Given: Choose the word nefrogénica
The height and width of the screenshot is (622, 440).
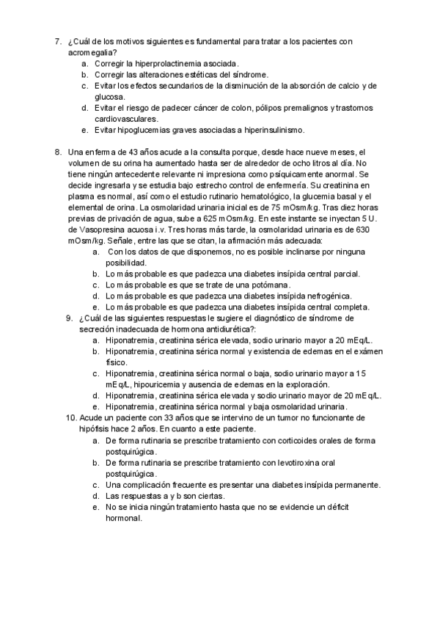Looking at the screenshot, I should pyautogui.click(x=331, y=296).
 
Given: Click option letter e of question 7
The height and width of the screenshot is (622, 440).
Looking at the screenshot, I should pyautogui.click(x=85, y=130).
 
